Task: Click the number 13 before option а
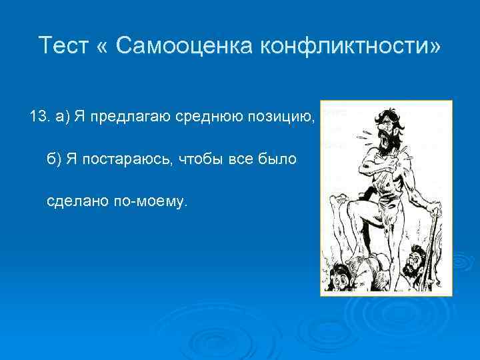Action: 39,118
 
